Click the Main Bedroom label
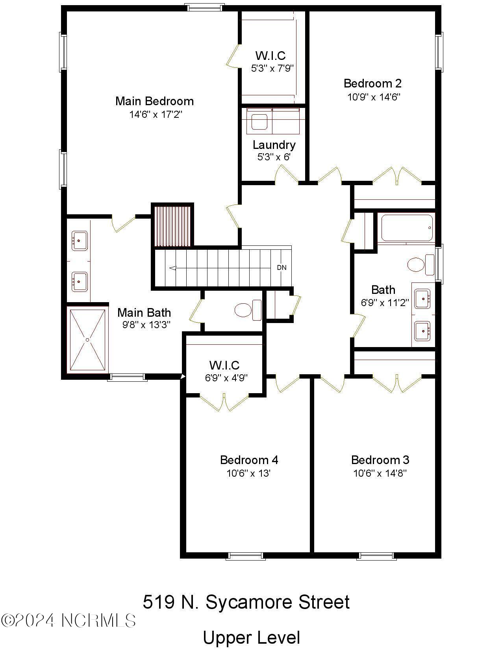pyautogui.click(x=154, y=101)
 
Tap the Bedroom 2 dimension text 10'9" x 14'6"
pyautogui.click(x=374, y=97)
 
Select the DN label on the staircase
pyautogui.click(x=282, y=267)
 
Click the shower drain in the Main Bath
pyautogui.click(x=87, y=340)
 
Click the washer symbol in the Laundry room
pyautogui.click(x=259, y=121)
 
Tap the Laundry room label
pyautogui.click(x=274, y=145)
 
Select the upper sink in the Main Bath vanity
pyautogui.click(x=79, y=240)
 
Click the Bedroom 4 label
pyautogui.click(x=249, y=460)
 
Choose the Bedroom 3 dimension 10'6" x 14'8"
pyautogui.click(x=380, y=473)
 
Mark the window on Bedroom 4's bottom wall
pyautogui.click(x=246, y=556)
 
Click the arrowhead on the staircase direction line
pyautogui.click(x=172, y=268)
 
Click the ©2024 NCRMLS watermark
pyautogui.click(x=68, y=620)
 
